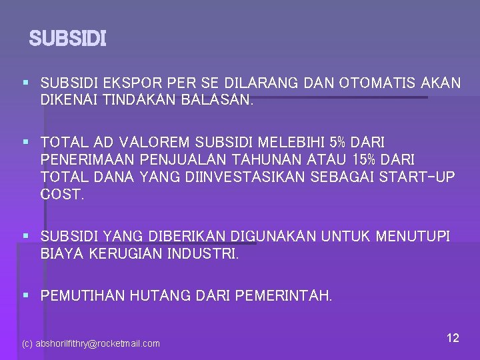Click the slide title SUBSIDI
67,39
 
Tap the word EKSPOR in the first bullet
125,83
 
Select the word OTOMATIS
378,83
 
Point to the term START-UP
416,177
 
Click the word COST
62,195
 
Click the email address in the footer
91,343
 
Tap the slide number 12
453,338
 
